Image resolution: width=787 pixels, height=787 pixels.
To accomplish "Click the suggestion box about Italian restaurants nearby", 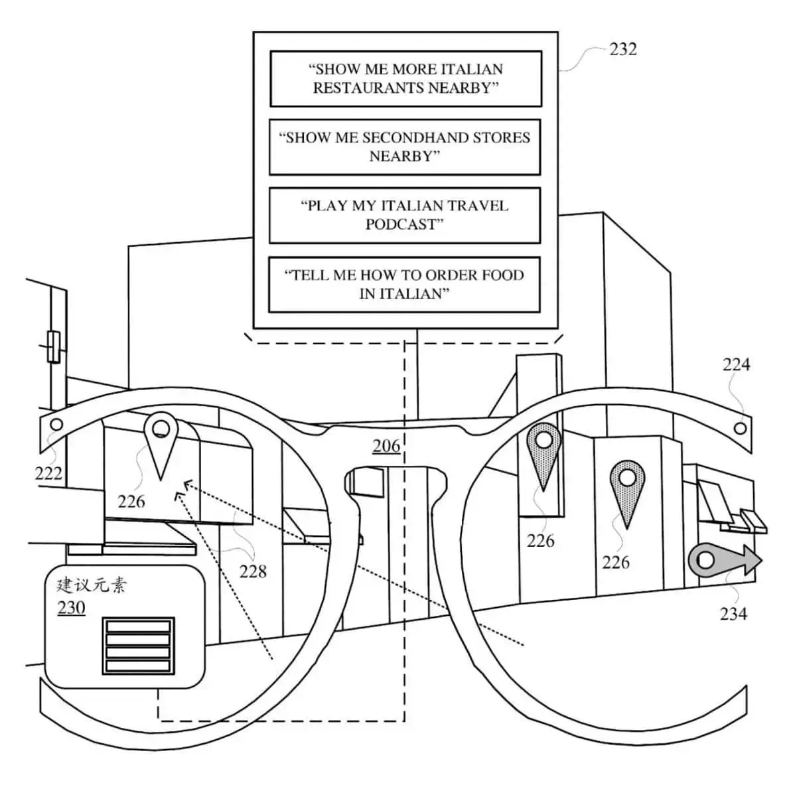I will tap(405, 78).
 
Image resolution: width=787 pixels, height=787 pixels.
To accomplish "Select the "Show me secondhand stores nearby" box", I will tap(405, 147).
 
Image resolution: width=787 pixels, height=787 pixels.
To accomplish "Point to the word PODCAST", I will tap(401, 224).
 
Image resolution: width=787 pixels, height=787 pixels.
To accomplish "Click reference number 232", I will tap(622, 49).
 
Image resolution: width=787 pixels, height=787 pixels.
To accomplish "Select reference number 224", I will tap(736, 364).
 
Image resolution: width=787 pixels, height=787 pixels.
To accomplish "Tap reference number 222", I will tap(48, 473).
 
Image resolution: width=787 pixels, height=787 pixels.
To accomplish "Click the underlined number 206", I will tap(386, 445).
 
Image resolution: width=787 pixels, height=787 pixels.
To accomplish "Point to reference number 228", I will tap(253, 571).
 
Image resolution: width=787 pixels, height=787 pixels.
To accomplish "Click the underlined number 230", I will tap(71, 607).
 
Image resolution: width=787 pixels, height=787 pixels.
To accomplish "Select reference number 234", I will tap(733, 614).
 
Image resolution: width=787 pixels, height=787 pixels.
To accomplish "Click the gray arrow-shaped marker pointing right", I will tap(724, 561).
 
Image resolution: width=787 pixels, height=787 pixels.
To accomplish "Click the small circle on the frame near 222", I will tap(56, 424).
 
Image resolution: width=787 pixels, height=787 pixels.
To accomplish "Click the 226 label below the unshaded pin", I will tap(131, 501).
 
